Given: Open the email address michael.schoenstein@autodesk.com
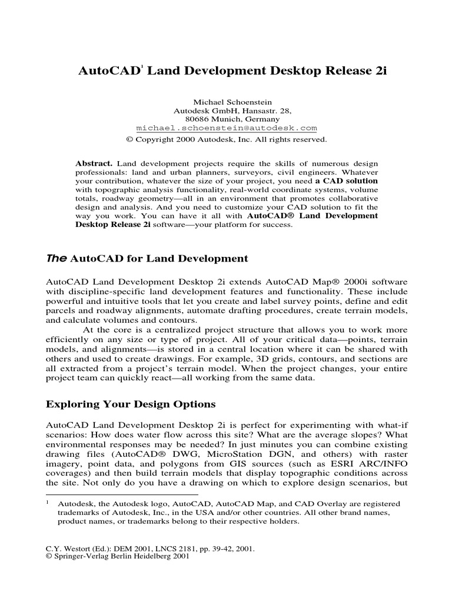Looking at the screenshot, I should [227, 128].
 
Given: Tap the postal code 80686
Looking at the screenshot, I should [197, 119].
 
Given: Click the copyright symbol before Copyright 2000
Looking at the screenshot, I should [130, 140].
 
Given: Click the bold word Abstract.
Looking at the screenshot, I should [95, 162].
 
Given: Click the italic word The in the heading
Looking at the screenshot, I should [56, 258].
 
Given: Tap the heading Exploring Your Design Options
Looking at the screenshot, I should [131, 404].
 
